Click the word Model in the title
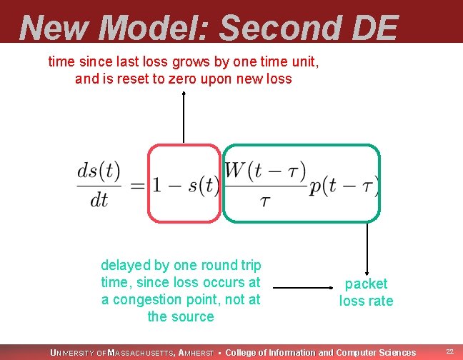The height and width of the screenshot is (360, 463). (154, 29)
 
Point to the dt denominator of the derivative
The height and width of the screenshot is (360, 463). (99, 200)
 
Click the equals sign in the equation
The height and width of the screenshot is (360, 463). (137, 186)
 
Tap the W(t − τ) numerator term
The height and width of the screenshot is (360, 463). (265, 171)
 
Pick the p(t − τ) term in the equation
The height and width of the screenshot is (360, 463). (344, 186)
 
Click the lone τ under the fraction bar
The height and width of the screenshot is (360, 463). (265, 202)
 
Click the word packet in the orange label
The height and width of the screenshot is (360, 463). (366, 284)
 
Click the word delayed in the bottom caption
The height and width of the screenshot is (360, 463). (126, 265)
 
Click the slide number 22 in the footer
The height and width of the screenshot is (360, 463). (449, 352)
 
